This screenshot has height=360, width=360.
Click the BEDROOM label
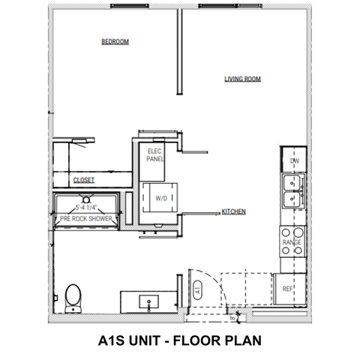(115, 42)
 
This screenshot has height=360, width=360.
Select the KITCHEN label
(234, 212)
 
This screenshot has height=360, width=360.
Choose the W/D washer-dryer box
(161, 199)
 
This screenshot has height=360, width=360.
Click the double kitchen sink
(292, 191)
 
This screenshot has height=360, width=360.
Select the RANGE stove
(292, 242)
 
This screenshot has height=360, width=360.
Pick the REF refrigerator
(288, 289)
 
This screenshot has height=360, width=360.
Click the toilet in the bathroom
(73, 298)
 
